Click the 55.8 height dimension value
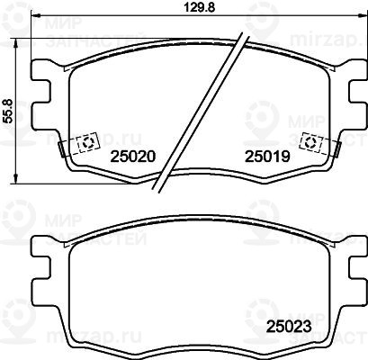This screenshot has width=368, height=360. [9, 111]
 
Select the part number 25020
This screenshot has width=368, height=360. [133, 157]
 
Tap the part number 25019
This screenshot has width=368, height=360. [268, 157]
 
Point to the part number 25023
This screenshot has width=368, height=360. [289, 327]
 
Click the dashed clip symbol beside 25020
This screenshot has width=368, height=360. [88, 142]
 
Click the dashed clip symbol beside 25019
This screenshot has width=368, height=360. [310, 142]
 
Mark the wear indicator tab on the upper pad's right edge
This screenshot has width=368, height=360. [338, 148]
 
